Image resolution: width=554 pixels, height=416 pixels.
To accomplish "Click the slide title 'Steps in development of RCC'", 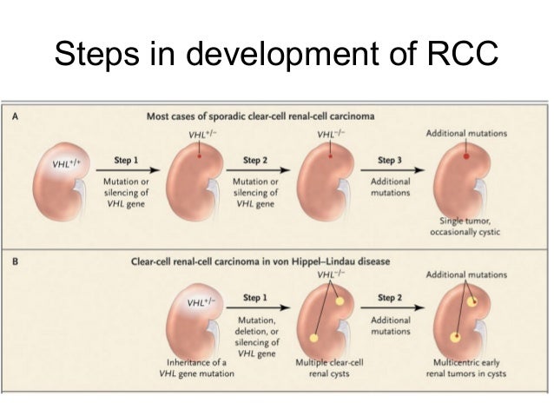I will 276,54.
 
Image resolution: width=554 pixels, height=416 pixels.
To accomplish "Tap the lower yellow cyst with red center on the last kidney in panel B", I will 455,335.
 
